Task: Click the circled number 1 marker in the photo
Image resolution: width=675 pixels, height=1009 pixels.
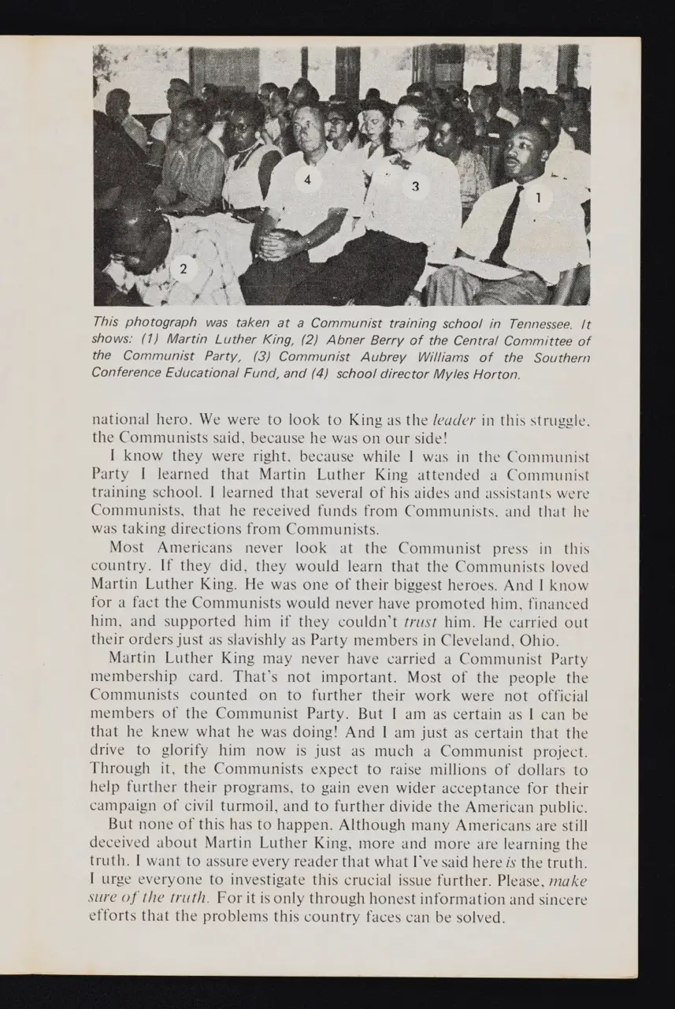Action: click(x=539, y=197)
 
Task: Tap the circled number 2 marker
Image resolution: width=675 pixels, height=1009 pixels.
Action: click(x=184, y=269)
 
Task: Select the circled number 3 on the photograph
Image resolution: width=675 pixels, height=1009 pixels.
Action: click(x=416, y=186)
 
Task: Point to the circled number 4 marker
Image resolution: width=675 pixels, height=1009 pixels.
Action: click(x=308, y=180)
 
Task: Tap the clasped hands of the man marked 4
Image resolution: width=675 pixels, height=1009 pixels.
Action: click(x=276, y=244)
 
